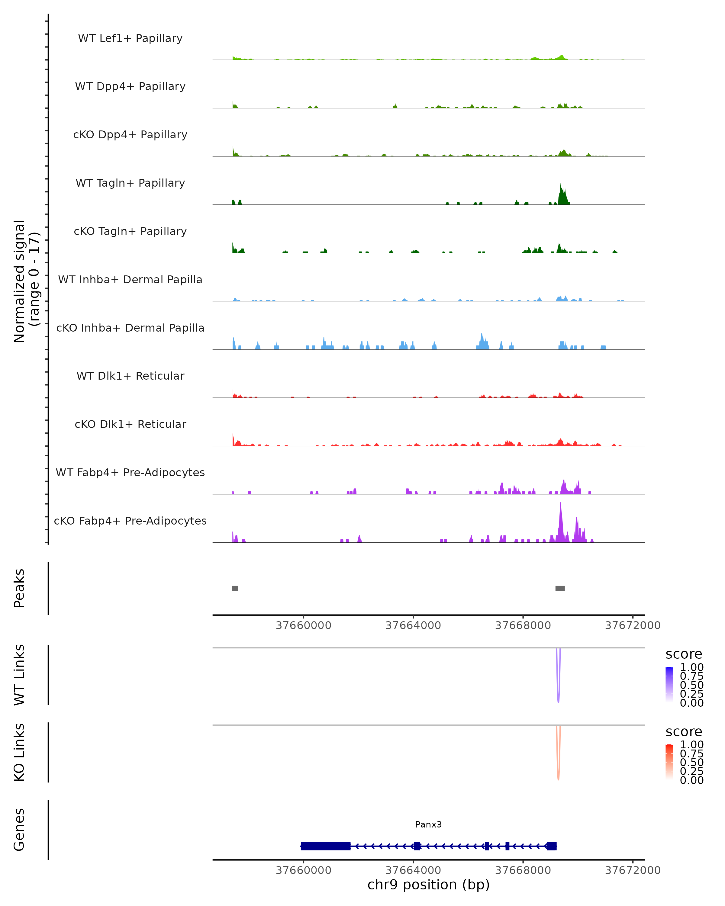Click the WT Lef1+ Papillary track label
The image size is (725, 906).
pyautogui.click(x=130, y=38)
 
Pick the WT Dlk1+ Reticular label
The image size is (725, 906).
pyautogui.click(x=130, y=376)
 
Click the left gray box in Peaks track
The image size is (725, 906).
pyautogui.click(x=235, y=588)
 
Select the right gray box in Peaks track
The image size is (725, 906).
pyautogui.click(x=560, y=588)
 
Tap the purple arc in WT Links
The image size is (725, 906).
pyautogui.click(x=558, y=689)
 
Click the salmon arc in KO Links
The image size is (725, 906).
pyautogui.click(x=558, y=766)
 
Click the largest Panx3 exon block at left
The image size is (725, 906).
pyautogui.click(x=326, y=846)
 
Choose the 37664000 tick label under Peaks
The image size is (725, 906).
pyautogui.click(x=413, y=625)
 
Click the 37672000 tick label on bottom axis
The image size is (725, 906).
pyautogui.click(x=633, y=870)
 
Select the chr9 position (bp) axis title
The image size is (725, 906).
pyautogui.click(x=428, y=885)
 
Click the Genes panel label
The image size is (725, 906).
pyautogui.click(x=19, y=830)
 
